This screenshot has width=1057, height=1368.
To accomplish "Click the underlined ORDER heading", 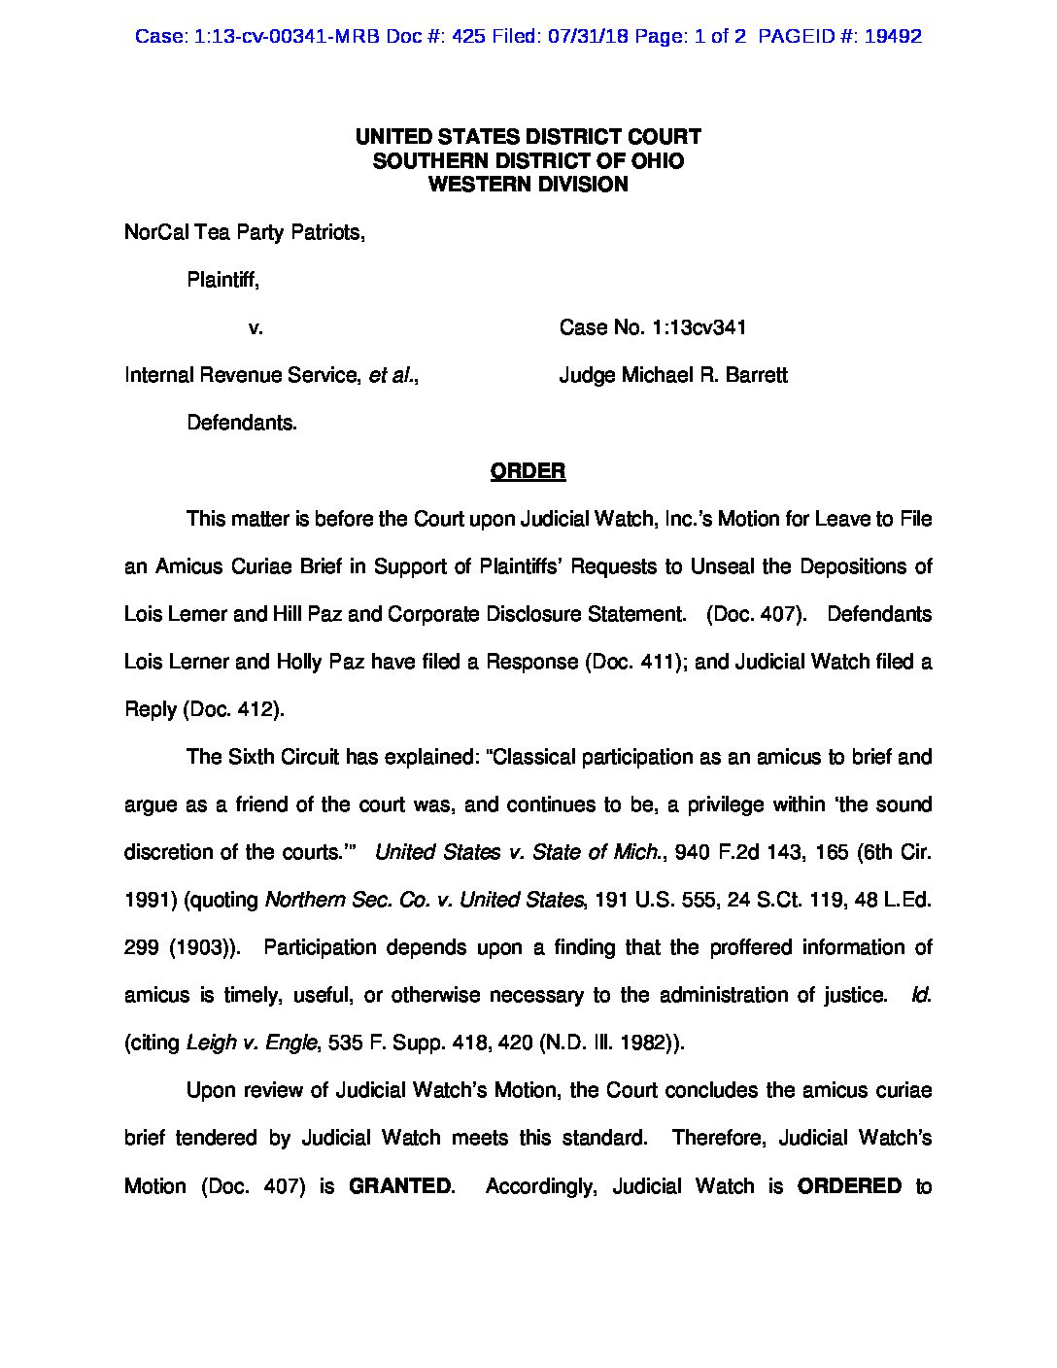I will (x=528, y=471).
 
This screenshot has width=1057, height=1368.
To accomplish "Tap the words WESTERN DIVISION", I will (x=528, y=185).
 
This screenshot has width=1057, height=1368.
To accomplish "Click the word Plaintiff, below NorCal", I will (x=222, y=280).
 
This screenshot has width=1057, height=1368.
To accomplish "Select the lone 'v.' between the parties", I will (x=256, y=327).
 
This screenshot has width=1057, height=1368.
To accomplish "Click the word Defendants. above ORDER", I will (x=241, y=423).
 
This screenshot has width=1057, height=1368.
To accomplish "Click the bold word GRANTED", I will (x=399, y=1186).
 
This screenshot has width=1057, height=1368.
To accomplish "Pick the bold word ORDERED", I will (x=849, y=1186).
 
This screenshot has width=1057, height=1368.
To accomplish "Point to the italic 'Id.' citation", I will (x=921, y=995).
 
